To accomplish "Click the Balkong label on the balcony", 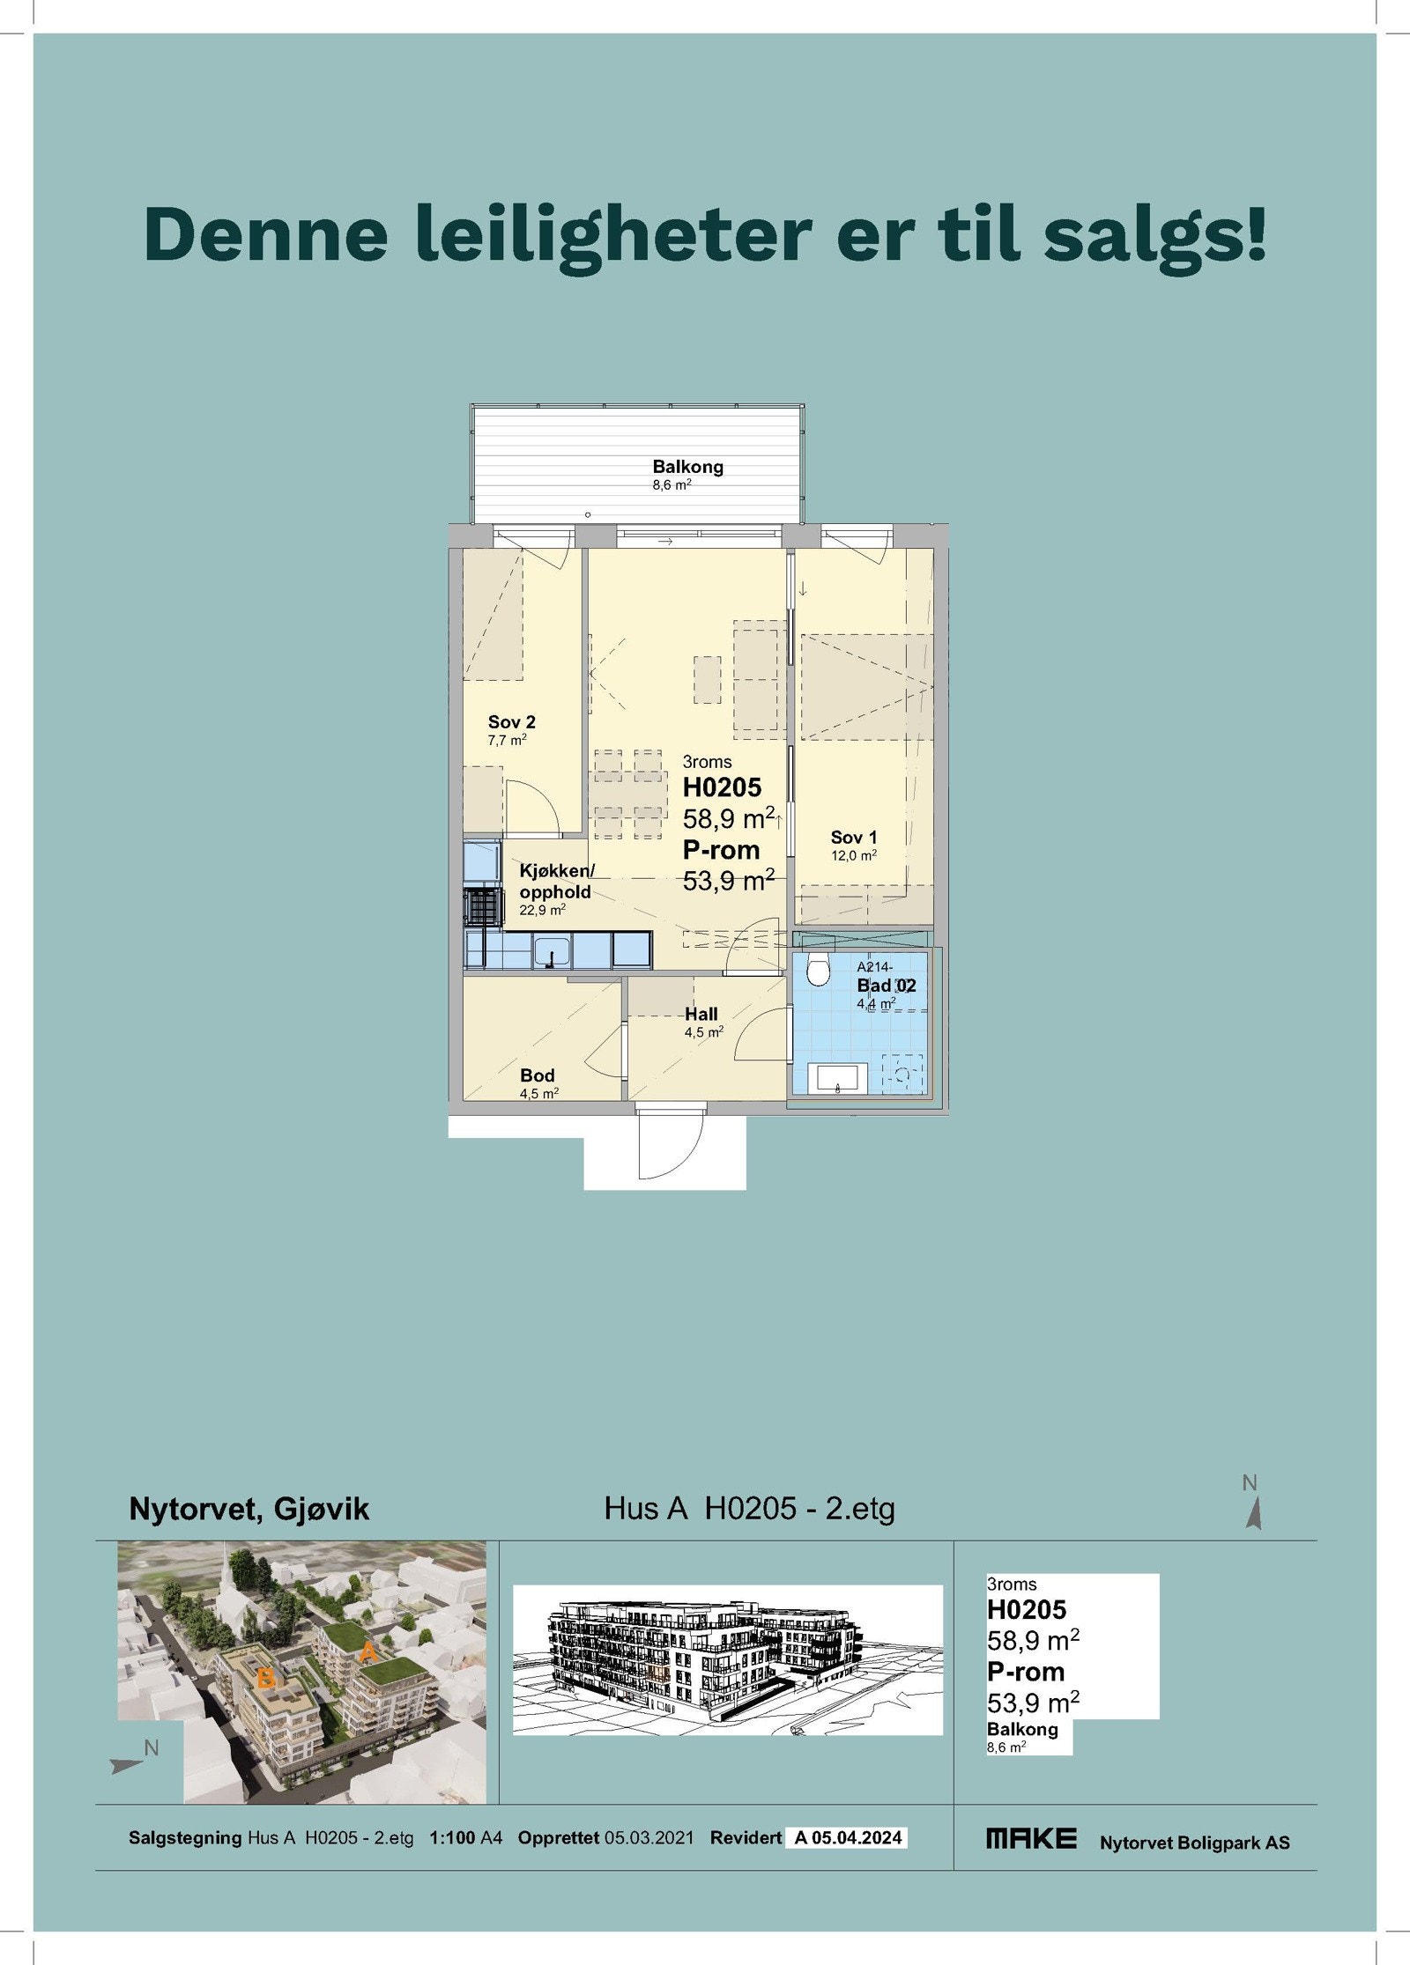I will (x=687, y=467).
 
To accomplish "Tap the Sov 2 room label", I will (x=511, y=722).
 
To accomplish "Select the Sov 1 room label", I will (x=853, y=838).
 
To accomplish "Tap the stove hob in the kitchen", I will (x=480, y=906).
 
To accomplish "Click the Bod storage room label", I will (x=537, y=1075).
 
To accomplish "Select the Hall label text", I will (x=701, y=1015).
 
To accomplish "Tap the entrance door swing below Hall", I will (x=670, y=1145).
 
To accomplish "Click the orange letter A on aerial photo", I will (x=368, y=1652).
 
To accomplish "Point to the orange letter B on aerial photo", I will (x=265, y=1679).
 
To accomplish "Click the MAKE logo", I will (x=1031, y=1838).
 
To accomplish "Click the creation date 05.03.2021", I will (x=649, y=1838).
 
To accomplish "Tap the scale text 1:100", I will (x=452, y=1838).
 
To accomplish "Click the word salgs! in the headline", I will (x=1154, y=235).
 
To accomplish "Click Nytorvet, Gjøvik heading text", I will (x=249, y=1509).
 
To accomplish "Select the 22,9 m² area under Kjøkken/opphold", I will (x=542, y=911).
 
